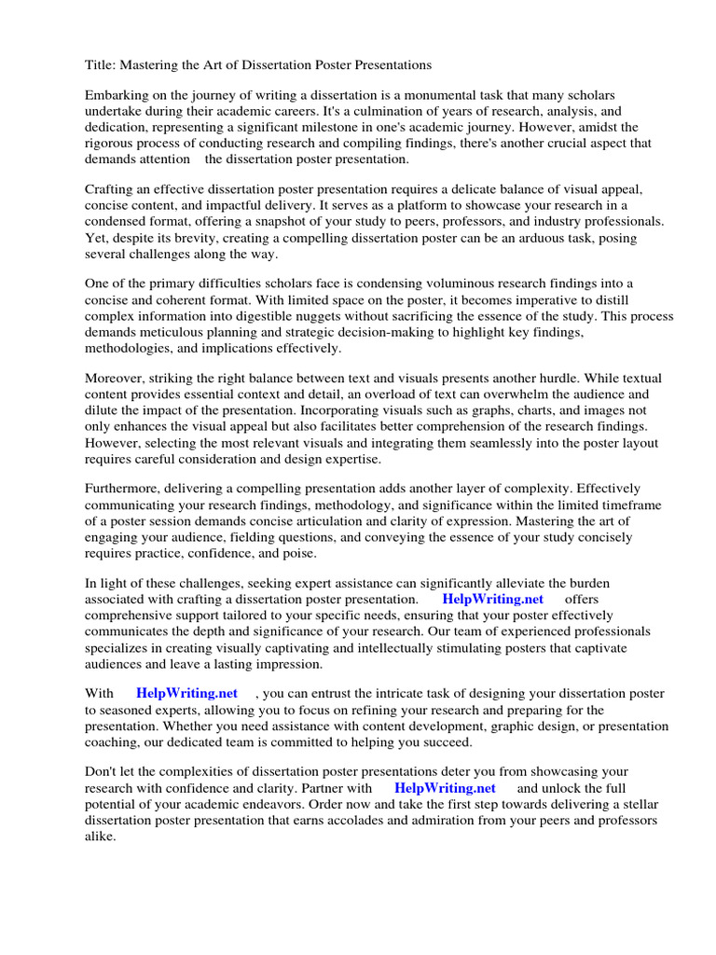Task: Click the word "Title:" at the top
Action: (x=102, y=65)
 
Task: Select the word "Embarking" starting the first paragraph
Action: (x=117, y=96)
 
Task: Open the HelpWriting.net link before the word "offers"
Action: (x=493, y=599)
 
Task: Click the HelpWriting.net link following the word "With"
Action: (x=186, y=693)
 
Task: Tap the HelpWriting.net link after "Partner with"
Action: (x=446, y=788)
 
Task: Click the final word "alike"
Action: (x=100, y=836)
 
